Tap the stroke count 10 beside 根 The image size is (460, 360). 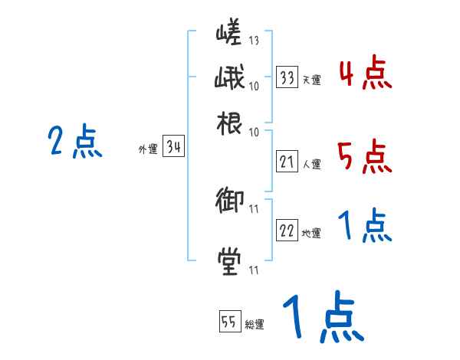click(x=254, y=131)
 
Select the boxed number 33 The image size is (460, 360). click(x=287, y=77)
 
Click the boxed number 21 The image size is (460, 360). click(x=287, y=162)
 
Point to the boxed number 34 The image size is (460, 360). click(x=172, y=148)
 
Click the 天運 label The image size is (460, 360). click(x=311, y=80)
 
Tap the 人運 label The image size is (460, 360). click(x=311, y=164)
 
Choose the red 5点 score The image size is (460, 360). click(x=365, y=157)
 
